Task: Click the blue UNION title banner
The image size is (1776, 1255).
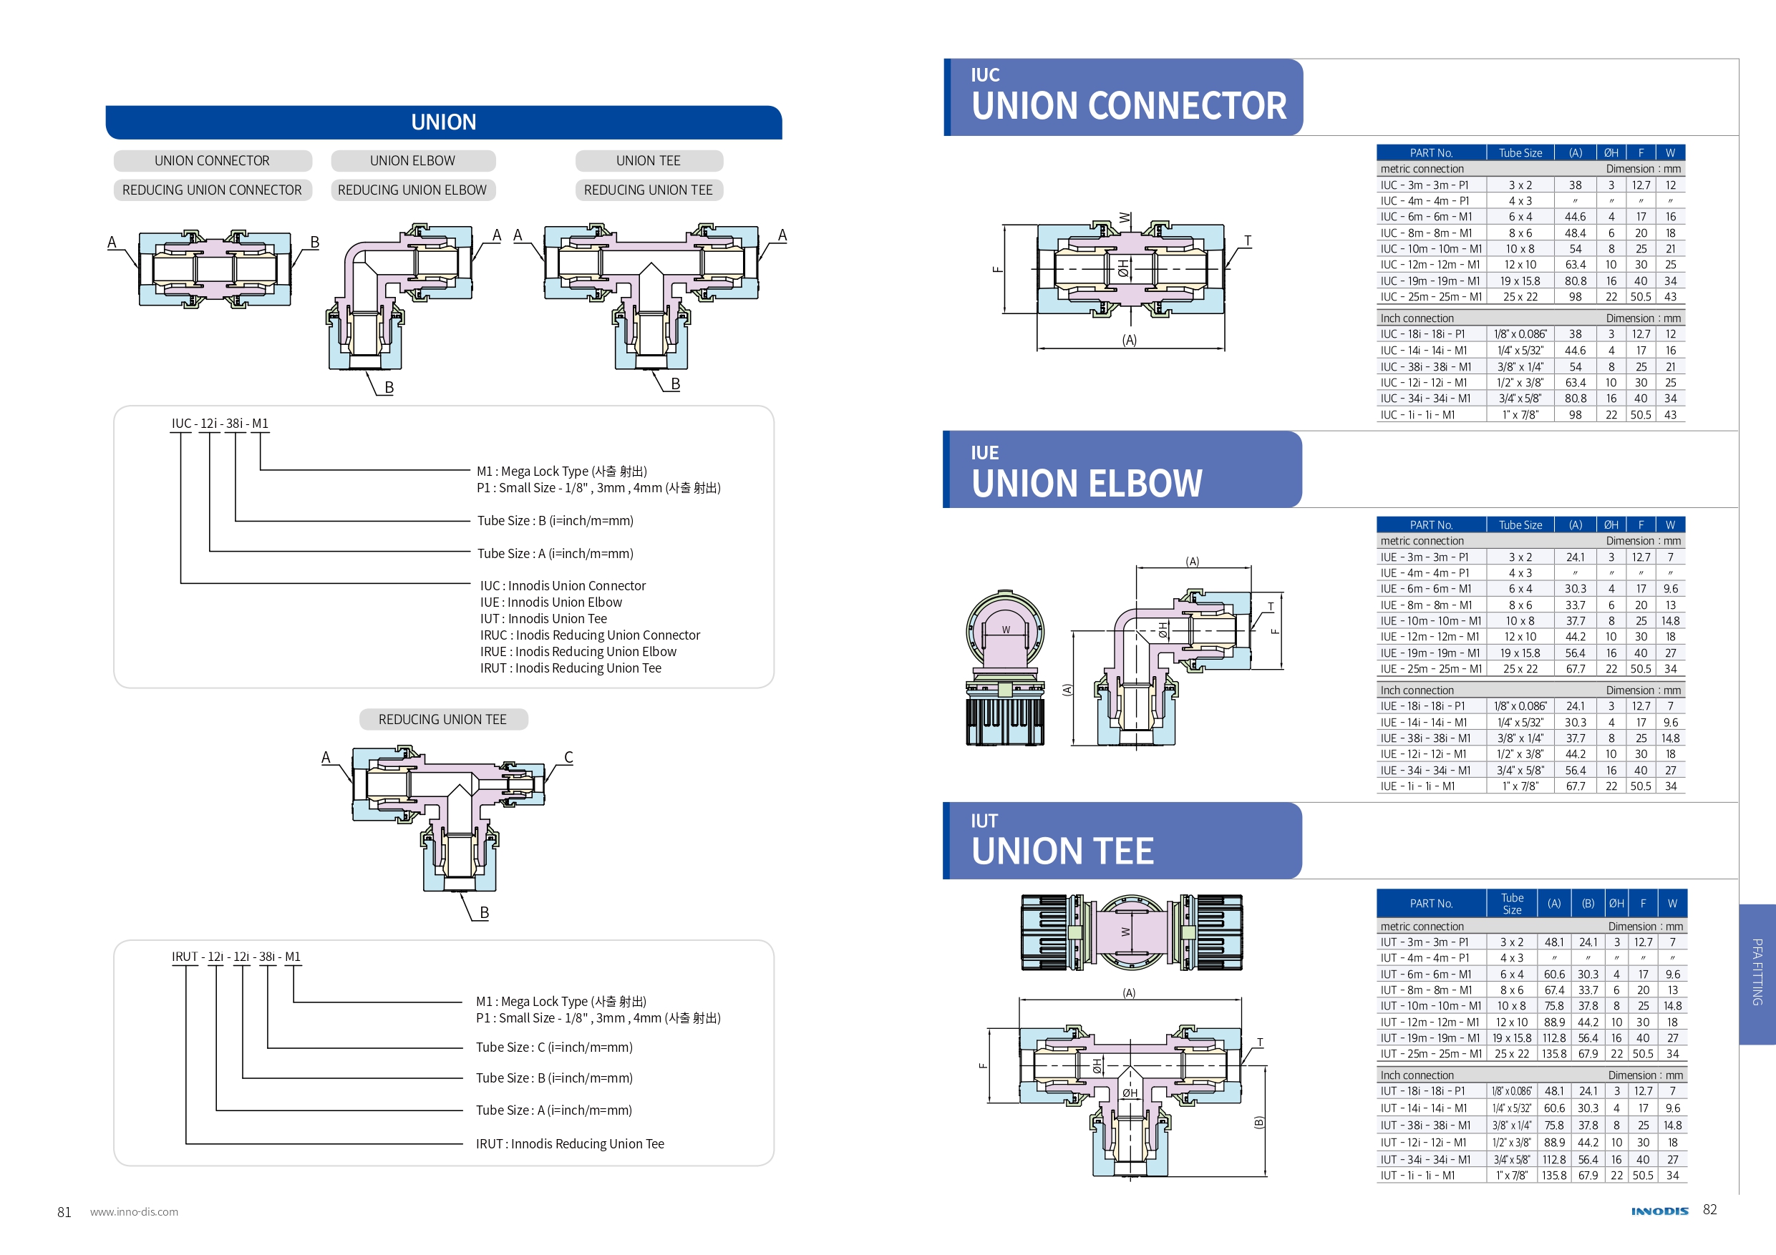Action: coord(443,122)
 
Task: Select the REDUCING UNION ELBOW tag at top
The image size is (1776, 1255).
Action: coord(412,190)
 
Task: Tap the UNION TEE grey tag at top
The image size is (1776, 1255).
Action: coord(649,161)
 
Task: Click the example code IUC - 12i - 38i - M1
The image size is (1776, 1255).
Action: coord(220,424)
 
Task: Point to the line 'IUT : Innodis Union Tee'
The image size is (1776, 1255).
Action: coord(543,619)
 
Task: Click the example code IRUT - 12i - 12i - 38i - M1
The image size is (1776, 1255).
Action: coord(236,957)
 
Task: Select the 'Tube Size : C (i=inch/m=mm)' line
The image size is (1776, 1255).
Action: coord(554,1047)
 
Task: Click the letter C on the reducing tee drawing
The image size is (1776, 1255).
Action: coord(568,757)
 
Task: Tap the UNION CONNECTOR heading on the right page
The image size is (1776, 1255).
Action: coord(1129,105)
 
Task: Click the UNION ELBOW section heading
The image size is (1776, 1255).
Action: coord(1087,483)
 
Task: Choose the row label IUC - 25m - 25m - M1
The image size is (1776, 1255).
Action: coord(1430,297)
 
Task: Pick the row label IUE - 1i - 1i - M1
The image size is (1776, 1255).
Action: coord(1417,786)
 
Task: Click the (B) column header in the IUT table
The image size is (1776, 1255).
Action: coord(1588,903)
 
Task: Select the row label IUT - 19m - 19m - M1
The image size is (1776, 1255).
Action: coord(1430,1037)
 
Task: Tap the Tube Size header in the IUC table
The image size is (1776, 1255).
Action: coord(1520,153)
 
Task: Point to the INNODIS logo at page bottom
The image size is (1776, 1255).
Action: coord(1659,1211)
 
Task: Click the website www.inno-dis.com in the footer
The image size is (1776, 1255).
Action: coord(134,1211)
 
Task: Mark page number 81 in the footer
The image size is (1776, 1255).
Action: coord(64,1211)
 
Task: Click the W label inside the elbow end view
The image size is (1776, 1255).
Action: coord(1006,630)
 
